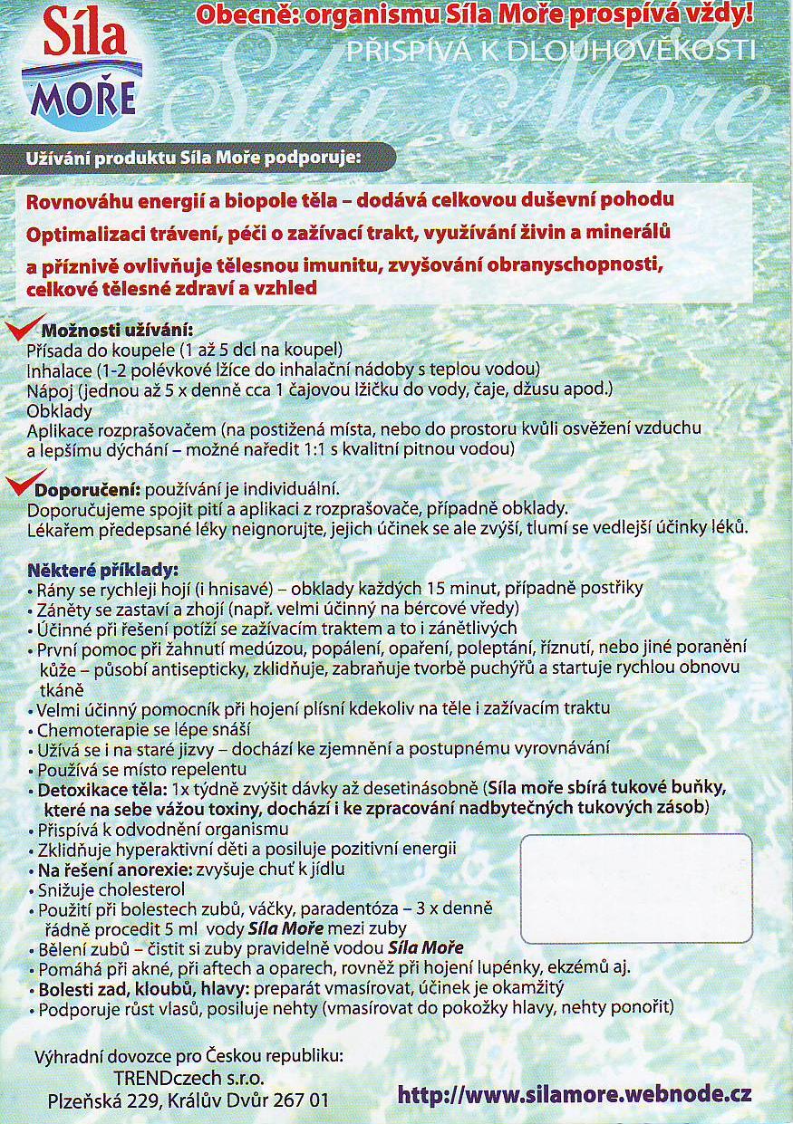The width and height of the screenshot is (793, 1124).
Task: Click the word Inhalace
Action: pyautogui.click(x=60, y=370)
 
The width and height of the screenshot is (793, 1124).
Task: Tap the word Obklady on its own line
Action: pyautogui.click(x=55, y=410)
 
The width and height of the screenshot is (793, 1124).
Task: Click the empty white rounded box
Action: pyautogui.click(x=635, y=888)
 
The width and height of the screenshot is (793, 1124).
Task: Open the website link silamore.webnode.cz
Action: pyautogui.click(x=575, y=1093)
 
